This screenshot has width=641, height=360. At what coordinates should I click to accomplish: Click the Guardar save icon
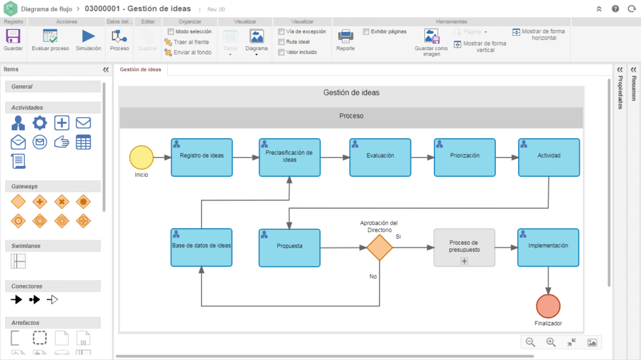tap(13, 36)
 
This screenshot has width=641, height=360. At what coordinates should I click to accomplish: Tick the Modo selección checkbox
tap(171, 31)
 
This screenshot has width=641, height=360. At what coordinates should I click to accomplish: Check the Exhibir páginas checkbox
tap(366, 31)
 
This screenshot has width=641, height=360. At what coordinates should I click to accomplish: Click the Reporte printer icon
tap(346, 36)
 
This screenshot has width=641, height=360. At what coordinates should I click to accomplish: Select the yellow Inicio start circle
tap(141, 158)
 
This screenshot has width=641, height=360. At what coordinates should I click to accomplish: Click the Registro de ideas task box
tap(202, 158)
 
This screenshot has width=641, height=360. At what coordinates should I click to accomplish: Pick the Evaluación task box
tap(380, 158)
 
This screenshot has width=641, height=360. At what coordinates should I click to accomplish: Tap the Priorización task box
tap(465, 158)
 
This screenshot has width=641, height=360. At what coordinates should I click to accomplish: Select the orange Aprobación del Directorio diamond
tap(379, 247)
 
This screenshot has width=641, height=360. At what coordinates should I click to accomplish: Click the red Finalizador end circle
tap(548, 306)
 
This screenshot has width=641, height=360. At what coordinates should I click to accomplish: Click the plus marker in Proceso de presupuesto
tap(464, 261)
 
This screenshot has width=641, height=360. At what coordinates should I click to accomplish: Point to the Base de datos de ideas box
tap(202, 247)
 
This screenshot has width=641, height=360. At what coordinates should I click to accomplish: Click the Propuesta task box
tap(289, 247)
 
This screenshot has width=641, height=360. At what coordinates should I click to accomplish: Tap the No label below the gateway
tap(373, 277)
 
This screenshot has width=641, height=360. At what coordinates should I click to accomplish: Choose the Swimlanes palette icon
tap(18, 261)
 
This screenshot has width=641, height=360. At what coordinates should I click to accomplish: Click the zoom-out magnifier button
tap(530, 342)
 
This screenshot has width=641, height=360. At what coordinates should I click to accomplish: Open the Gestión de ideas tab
tap(140, 69)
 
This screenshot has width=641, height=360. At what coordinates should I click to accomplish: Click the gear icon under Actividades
tap(39, 123)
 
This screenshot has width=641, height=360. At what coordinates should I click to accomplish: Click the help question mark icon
tap(615, 9)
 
